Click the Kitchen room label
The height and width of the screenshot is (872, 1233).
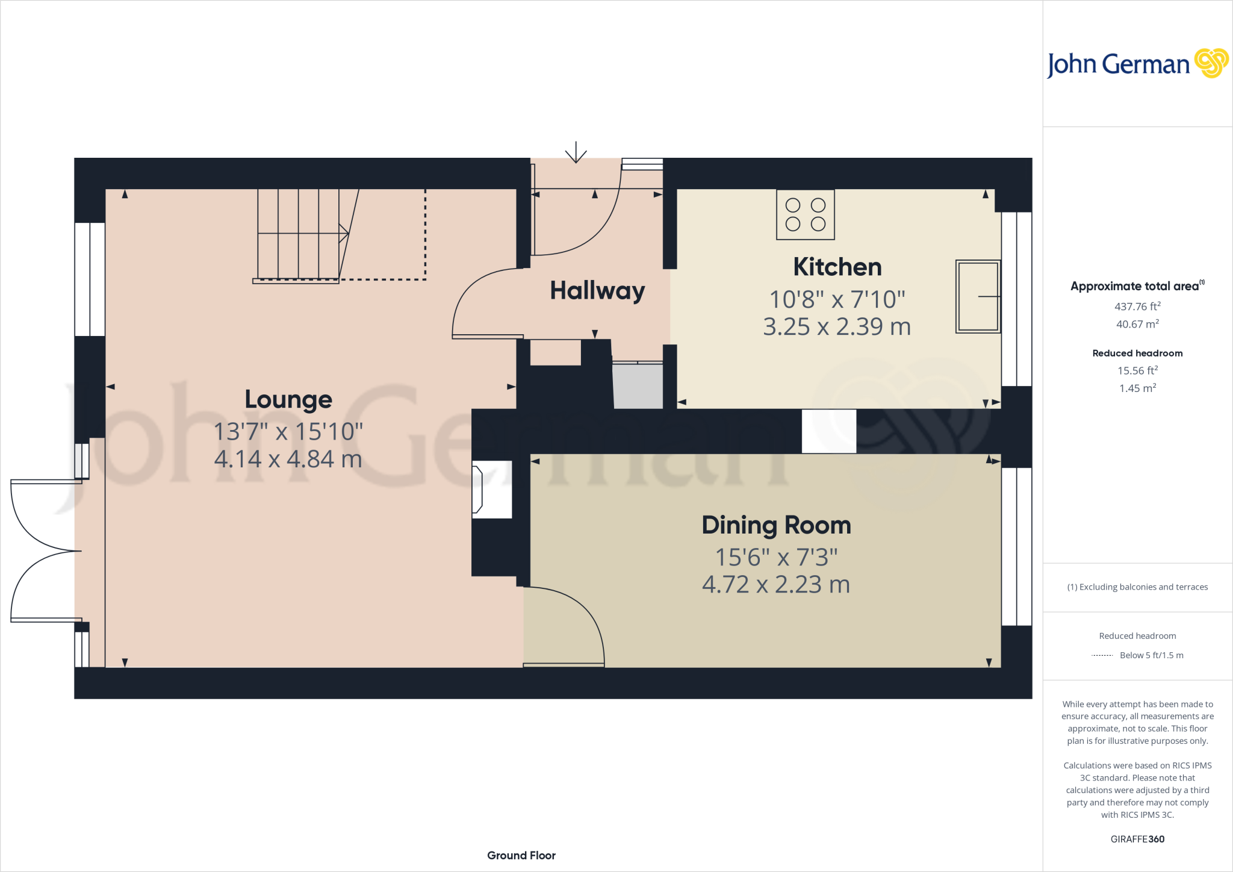point(837,267)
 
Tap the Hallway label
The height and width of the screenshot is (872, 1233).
point(597,291)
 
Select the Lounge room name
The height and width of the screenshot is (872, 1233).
point(288,399)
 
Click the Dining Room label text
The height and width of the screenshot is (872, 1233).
point(776,525)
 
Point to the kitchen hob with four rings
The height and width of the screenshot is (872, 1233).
point(805,215)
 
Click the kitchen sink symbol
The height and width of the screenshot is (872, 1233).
point(978,296)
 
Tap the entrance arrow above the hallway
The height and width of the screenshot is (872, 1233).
point(576,152)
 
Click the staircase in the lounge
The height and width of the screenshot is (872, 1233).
point(299,235)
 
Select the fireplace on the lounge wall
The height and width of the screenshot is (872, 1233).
point(492,489)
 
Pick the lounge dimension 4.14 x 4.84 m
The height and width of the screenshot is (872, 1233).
point(288,459)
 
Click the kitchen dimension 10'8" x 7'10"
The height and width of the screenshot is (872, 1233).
point(837,299)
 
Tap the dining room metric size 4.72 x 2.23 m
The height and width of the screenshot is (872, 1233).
point(776,585)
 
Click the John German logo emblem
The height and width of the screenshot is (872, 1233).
point(1211,63)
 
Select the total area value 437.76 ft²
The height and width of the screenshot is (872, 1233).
point(1137,307)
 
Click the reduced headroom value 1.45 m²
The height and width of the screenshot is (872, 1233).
point(1137,388)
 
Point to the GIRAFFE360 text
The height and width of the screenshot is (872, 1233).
point(1137,839)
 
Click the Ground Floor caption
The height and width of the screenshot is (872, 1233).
point(521,855)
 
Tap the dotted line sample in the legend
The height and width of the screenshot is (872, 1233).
point(1102,655)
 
